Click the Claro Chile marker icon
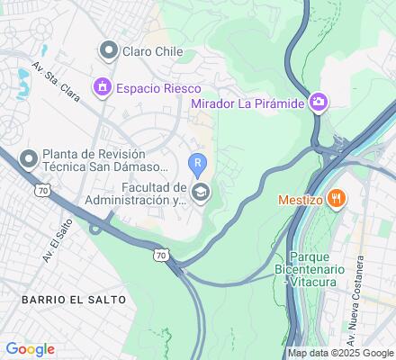click(x=109, y=50)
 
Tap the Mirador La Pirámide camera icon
click(x=317, y=103)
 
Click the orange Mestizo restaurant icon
click(x=336, y=198)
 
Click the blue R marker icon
click(x=198, y=162)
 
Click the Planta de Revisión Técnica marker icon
click(x=28, y=159)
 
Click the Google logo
click(x=31, y=349)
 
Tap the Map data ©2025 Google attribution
click(x=340, y=353)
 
